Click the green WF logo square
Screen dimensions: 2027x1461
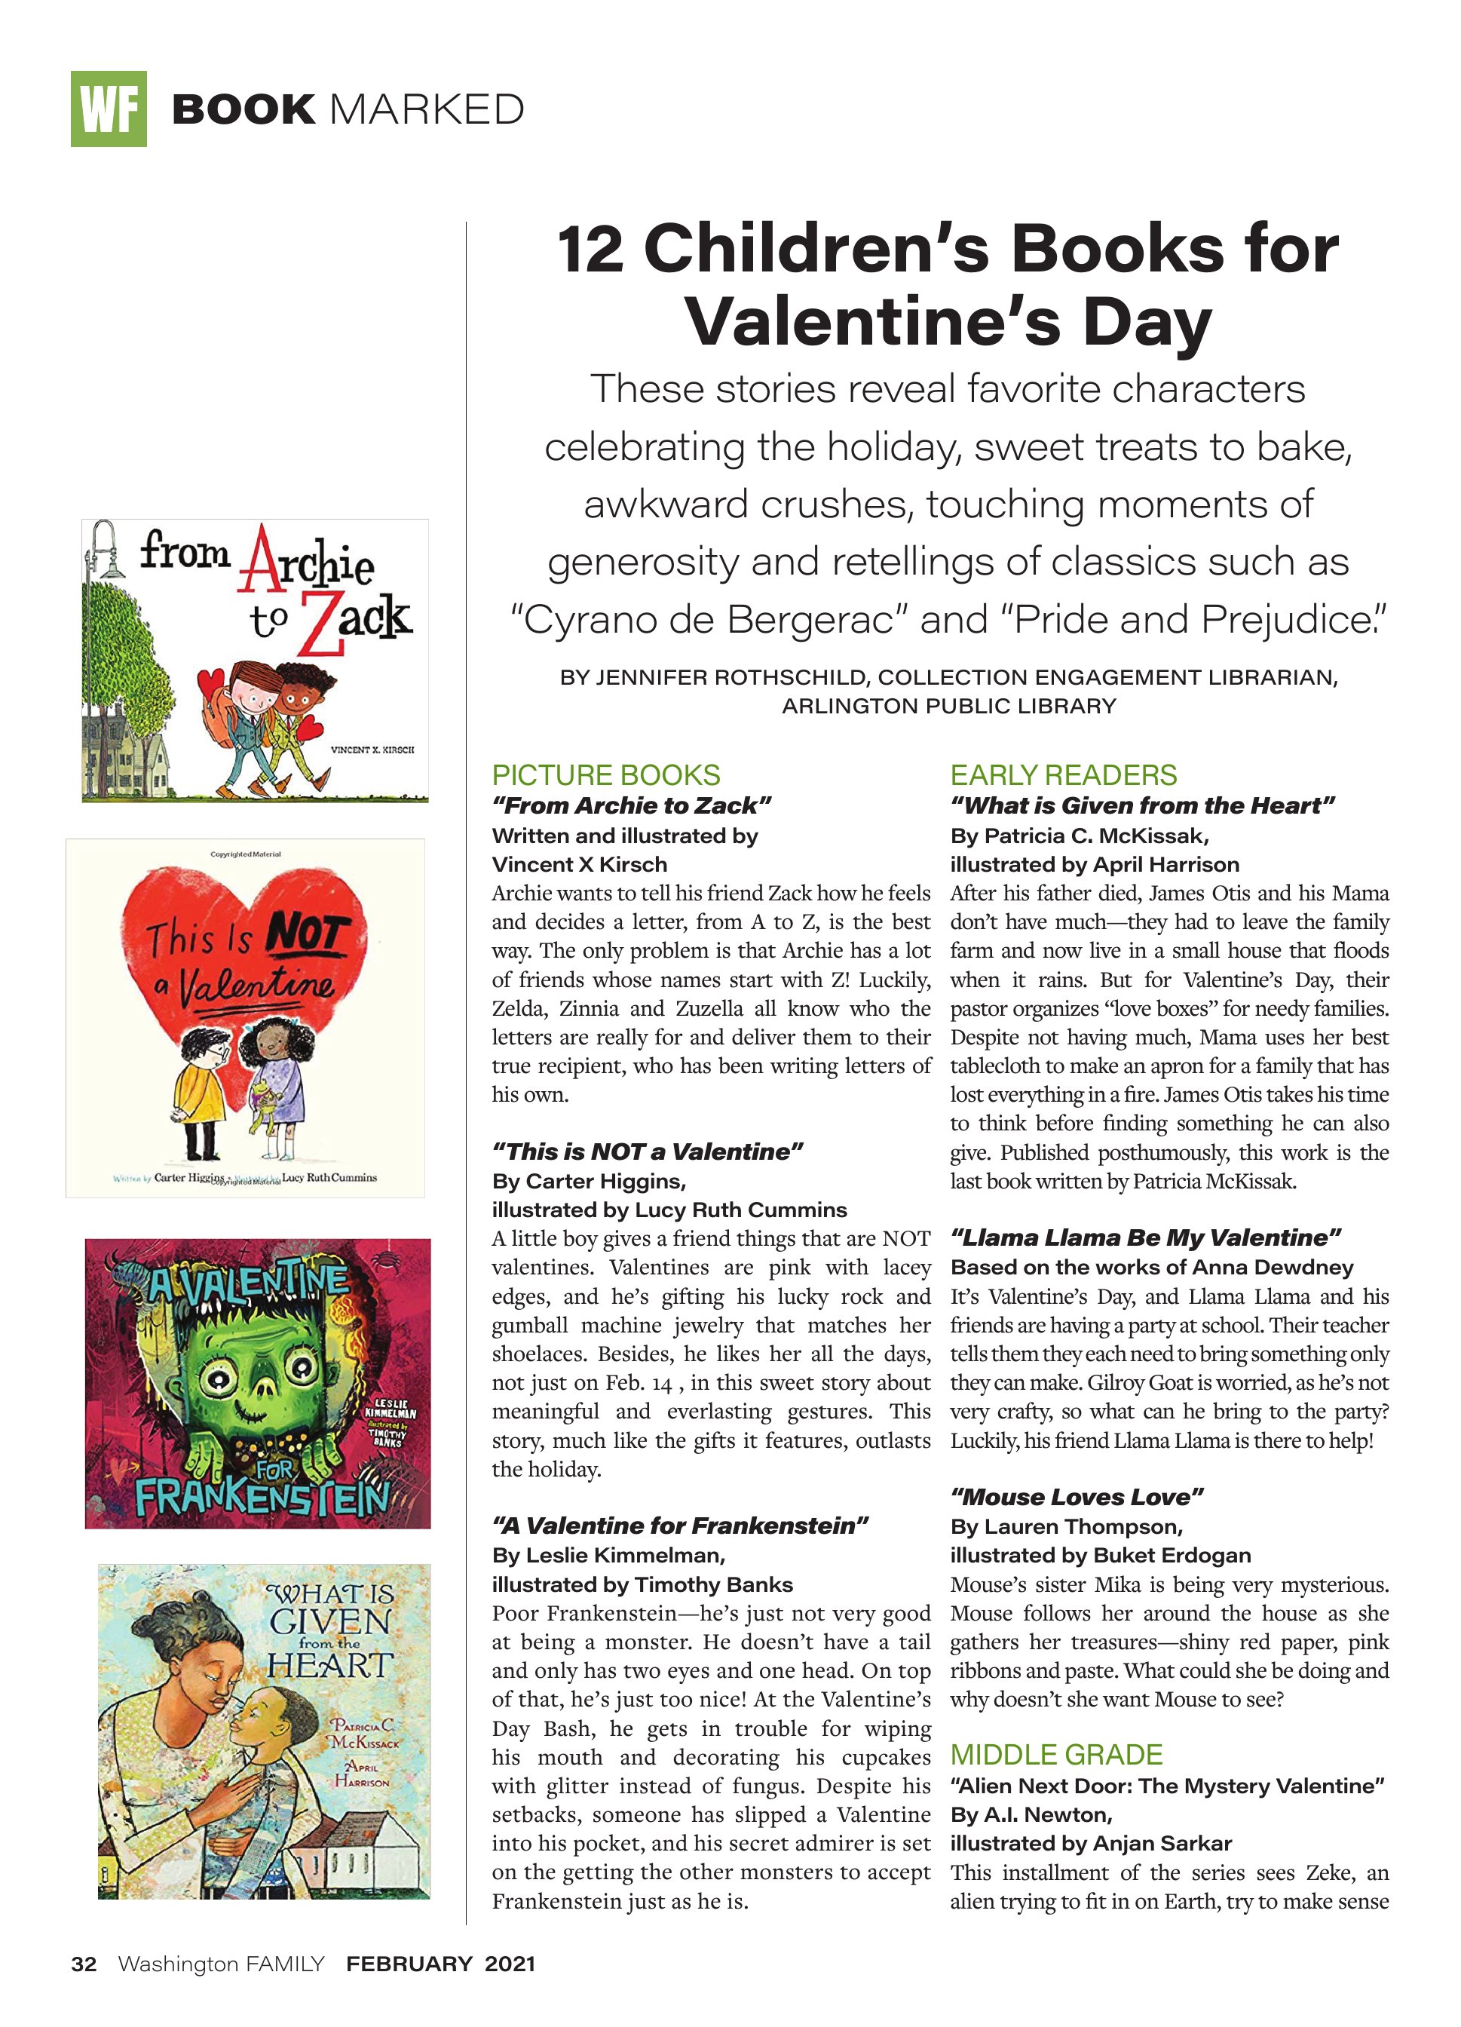coord(108,109)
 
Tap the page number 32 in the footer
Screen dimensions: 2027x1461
coord(84,1964)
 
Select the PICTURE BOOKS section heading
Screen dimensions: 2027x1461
coord(606,775)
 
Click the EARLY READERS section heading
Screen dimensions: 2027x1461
coord(1064,775)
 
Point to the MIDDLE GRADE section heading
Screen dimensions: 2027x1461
coord(1056,1755)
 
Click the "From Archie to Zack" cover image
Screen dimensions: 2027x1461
coord(255,661)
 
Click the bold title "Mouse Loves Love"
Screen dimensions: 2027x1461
coord(1077,1497)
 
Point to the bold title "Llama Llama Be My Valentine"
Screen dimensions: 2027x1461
coord(1147,1237)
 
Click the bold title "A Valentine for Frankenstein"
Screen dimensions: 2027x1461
coord(680,1526)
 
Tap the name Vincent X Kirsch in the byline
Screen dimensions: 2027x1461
coord(580,864)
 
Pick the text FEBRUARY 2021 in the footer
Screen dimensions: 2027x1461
coord(440,1964)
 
